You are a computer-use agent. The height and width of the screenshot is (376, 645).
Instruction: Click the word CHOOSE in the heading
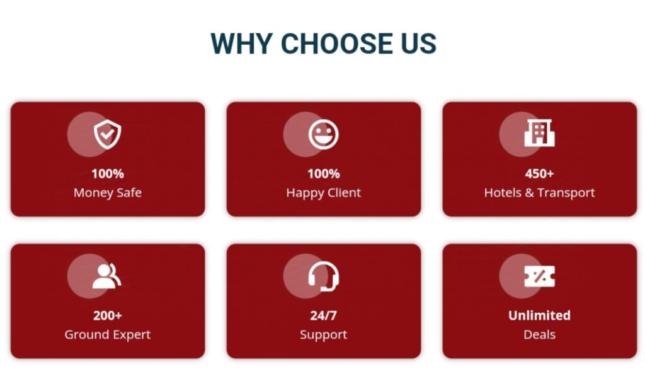tap(338, 44)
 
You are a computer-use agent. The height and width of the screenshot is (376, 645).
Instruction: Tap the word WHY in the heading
tap(241, 44)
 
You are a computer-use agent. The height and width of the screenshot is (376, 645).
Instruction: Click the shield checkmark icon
tap(107, 134)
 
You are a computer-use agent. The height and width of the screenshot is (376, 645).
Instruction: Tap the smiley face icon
tap(323, 134)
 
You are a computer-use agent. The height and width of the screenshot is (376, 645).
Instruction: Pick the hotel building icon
tap(539, 133)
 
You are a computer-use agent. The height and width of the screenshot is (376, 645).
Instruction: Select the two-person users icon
tap(106, 276)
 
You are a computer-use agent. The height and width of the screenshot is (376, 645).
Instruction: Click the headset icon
tap(323, 276)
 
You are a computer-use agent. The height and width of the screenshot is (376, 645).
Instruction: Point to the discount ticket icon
tap(539, 276)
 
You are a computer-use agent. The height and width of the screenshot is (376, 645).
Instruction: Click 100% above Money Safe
tap(107, 173)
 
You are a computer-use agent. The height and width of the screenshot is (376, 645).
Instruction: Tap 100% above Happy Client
tap(323, 173)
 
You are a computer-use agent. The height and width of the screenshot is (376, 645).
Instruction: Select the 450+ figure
tap(539, 173)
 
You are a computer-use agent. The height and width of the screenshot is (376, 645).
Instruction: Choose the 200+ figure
tap(107, 315)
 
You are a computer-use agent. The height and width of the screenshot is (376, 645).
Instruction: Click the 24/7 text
tap(323, 315)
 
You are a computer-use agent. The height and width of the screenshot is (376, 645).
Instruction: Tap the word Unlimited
tap(539, 315)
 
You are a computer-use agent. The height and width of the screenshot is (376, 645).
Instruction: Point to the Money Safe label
tap(107, 193)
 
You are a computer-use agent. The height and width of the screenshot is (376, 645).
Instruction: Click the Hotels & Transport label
tap(539, 193)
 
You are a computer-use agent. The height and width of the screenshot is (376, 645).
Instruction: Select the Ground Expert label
tap(107, 335)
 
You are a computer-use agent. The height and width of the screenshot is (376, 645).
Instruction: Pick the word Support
tap(323, 335)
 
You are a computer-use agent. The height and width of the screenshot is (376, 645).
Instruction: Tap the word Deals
tap(539, 334)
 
